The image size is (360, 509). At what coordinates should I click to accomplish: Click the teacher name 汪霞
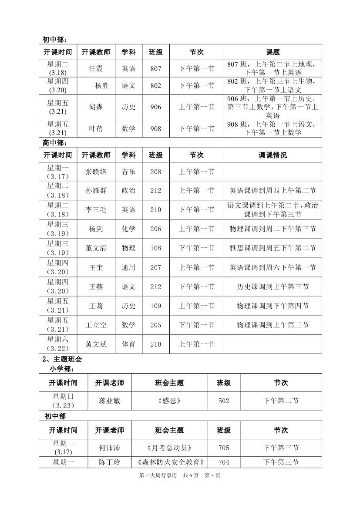96,69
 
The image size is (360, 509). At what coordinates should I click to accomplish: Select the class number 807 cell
155,69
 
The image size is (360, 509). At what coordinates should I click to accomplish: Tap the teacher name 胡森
96,107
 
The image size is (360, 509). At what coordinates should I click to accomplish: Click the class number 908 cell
155,129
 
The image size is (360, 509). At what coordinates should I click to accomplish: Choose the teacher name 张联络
96,172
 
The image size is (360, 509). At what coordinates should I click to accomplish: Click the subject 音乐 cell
128,172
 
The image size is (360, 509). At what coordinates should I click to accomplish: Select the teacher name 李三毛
96,210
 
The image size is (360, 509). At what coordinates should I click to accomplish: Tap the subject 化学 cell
128,229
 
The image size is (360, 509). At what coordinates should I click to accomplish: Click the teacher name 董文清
96,248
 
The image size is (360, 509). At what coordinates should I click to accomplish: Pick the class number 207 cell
155,267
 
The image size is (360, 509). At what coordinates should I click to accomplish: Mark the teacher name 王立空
96,325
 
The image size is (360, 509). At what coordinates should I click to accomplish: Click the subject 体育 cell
128,344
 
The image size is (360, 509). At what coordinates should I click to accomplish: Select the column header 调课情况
273,155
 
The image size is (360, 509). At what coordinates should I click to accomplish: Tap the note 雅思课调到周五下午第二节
273,248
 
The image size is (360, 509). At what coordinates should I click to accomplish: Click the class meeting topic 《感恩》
169,401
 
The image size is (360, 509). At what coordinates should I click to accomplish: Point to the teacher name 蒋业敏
110,401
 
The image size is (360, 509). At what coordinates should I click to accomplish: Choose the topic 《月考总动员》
169,448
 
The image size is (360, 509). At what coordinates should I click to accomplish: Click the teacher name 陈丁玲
110,462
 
